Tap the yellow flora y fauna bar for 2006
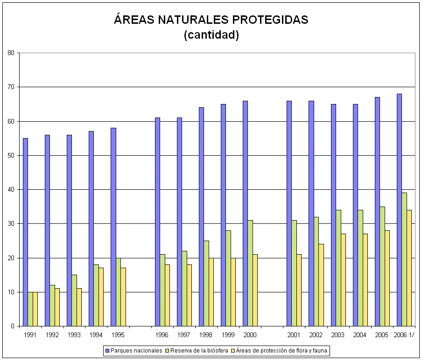point(409,268)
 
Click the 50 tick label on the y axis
point(11,155)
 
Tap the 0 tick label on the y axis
point(13,326)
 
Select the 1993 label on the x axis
point(74,335)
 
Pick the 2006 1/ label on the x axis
point(404,335)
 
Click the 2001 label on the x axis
point(294,335)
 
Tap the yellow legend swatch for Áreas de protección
point(233,350)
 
